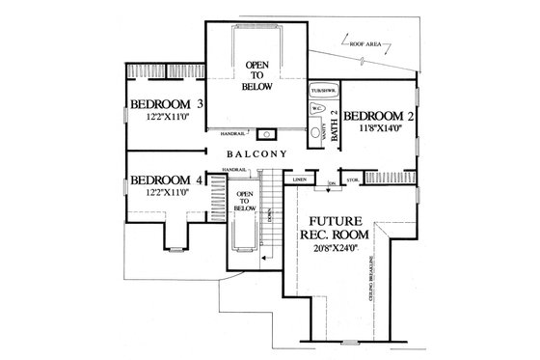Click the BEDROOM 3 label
[167, 105]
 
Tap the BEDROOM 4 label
[167, 180]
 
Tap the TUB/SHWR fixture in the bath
[320, 93]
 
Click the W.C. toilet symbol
[315, 110]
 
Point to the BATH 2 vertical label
[335, 125]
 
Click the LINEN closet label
[300, 180]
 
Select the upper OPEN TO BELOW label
[257, 75]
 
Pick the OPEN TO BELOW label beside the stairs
[245, 200]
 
